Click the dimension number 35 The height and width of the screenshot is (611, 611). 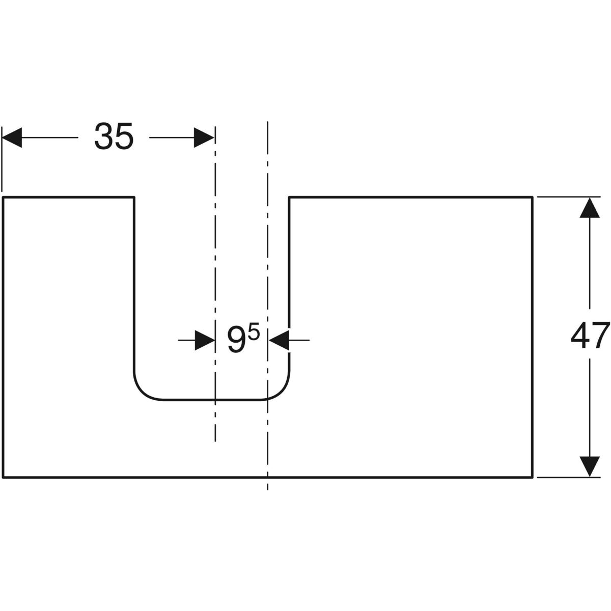point(114,136)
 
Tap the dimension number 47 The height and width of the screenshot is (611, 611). point(590,336)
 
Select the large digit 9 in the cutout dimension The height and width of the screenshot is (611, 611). point(236,340)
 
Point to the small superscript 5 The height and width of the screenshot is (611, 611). point(255,334)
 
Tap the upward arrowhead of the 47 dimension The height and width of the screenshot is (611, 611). point(590,207)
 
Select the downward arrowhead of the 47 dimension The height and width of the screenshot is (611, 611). point(590,467)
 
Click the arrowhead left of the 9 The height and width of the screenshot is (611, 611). point(205,340)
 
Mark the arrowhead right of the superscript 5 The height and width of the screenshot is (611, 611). point(279,340)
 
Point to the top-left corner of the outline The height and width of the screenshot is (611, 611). point(4,197)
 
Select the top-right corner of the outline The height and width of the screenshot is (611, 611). point(533,197)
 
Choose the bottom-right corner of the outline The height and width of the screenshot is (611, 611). point(533,478)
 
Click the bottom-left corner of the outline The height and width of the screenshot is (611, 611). point(4,478)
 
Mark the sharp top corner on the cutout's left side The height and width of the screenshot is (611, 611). point(134,197)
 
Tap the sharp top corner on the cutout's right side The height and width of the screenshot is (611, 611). point(289,197)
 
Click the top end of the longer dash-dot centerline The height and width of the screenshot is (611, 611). point(267,122)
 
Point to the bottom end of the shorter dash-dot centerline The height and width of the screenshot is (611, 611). point(215,441)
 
